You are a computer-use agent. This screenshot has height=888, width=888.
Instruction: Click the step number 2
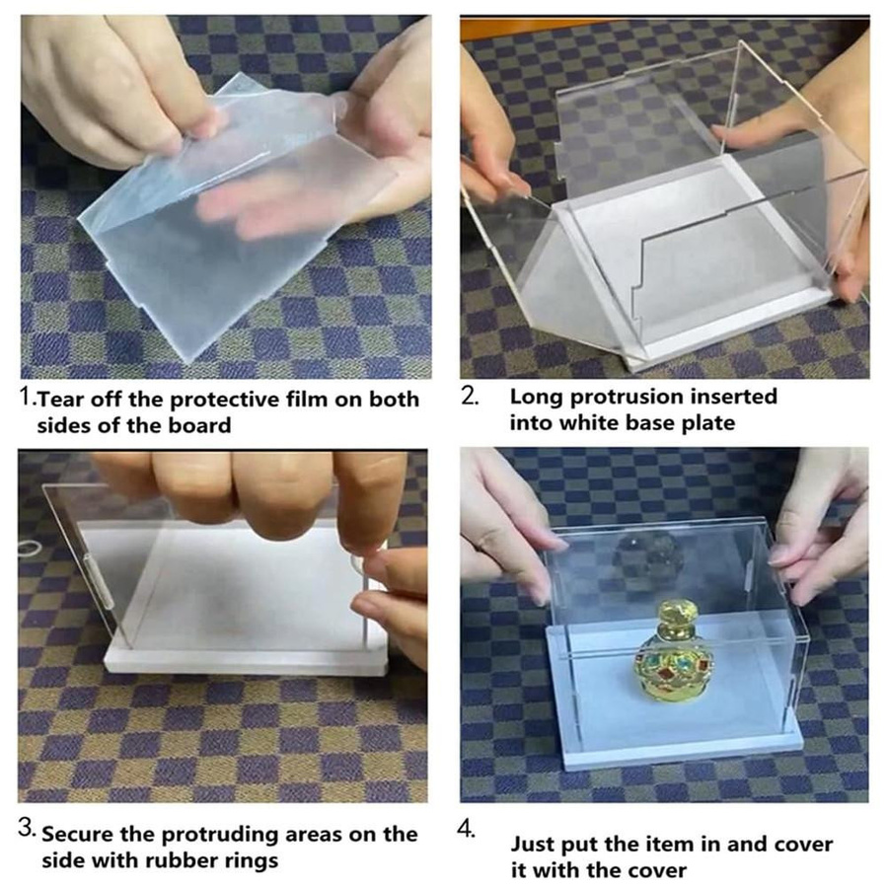point(470,396)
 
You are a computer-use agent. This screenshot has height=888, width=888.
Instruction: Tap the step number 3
point(27,828)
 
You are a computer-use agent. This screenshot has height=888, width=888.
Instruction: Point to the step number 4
point(466,830)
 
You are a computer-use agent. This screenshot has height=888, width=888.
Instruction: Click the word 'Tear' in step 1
point(61,400)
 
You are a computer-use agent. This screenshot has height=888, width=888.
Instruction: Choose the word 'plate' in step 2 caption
point(708,423)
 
